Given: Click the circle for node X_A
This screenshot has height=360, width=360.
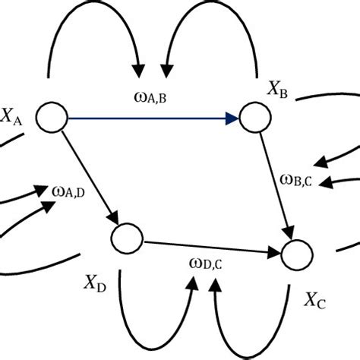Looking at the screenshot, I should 54,117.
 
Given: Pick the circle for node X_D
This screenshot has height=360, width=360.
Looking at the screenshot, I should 125,238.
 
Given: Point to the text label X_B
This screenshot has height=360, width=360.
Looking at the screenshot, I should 276,91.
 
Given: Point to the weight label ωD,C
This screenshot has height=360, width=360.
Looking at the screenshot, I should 205,264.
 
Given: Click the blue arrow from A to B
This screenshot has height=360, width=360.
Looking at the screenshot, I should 152,118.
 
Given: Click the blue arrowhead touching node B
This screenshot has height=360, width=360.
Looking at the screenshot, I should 232,118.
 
